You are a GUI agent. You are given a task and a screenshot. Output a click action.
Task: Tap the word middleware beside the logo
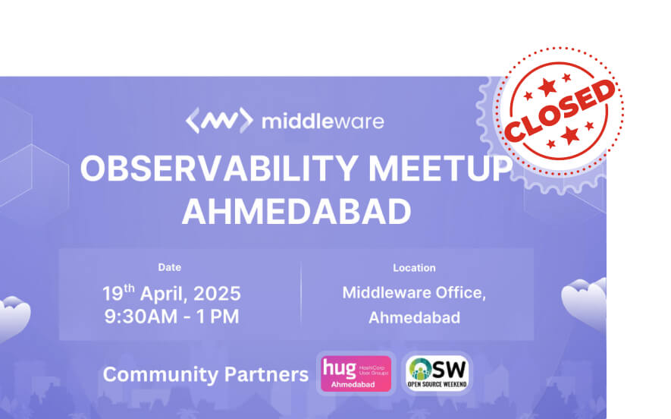[322, 121]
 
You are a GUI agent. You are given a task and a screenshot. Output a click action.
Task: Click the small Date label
[169, 267]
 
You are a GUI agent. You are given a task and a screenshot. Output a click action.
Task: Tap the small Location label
[414, 268]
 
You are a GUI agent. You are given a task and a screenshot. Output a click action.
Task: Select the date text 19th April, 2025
[171, 293]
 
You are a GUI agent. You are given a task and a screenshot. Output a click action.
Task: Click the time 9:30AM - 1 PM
[171, 316]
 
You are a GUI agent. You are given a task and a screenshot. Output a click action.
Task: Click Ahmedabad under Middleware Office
[414, 317]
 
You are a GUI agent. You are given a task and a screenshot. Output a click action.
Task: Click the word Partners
[266, 374]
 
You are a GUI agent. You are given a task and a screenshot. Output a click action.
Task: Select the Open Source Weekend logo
[437, 373]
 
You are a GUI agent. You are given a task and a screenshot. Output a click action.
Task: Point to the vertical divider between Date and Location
[301, 294]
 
